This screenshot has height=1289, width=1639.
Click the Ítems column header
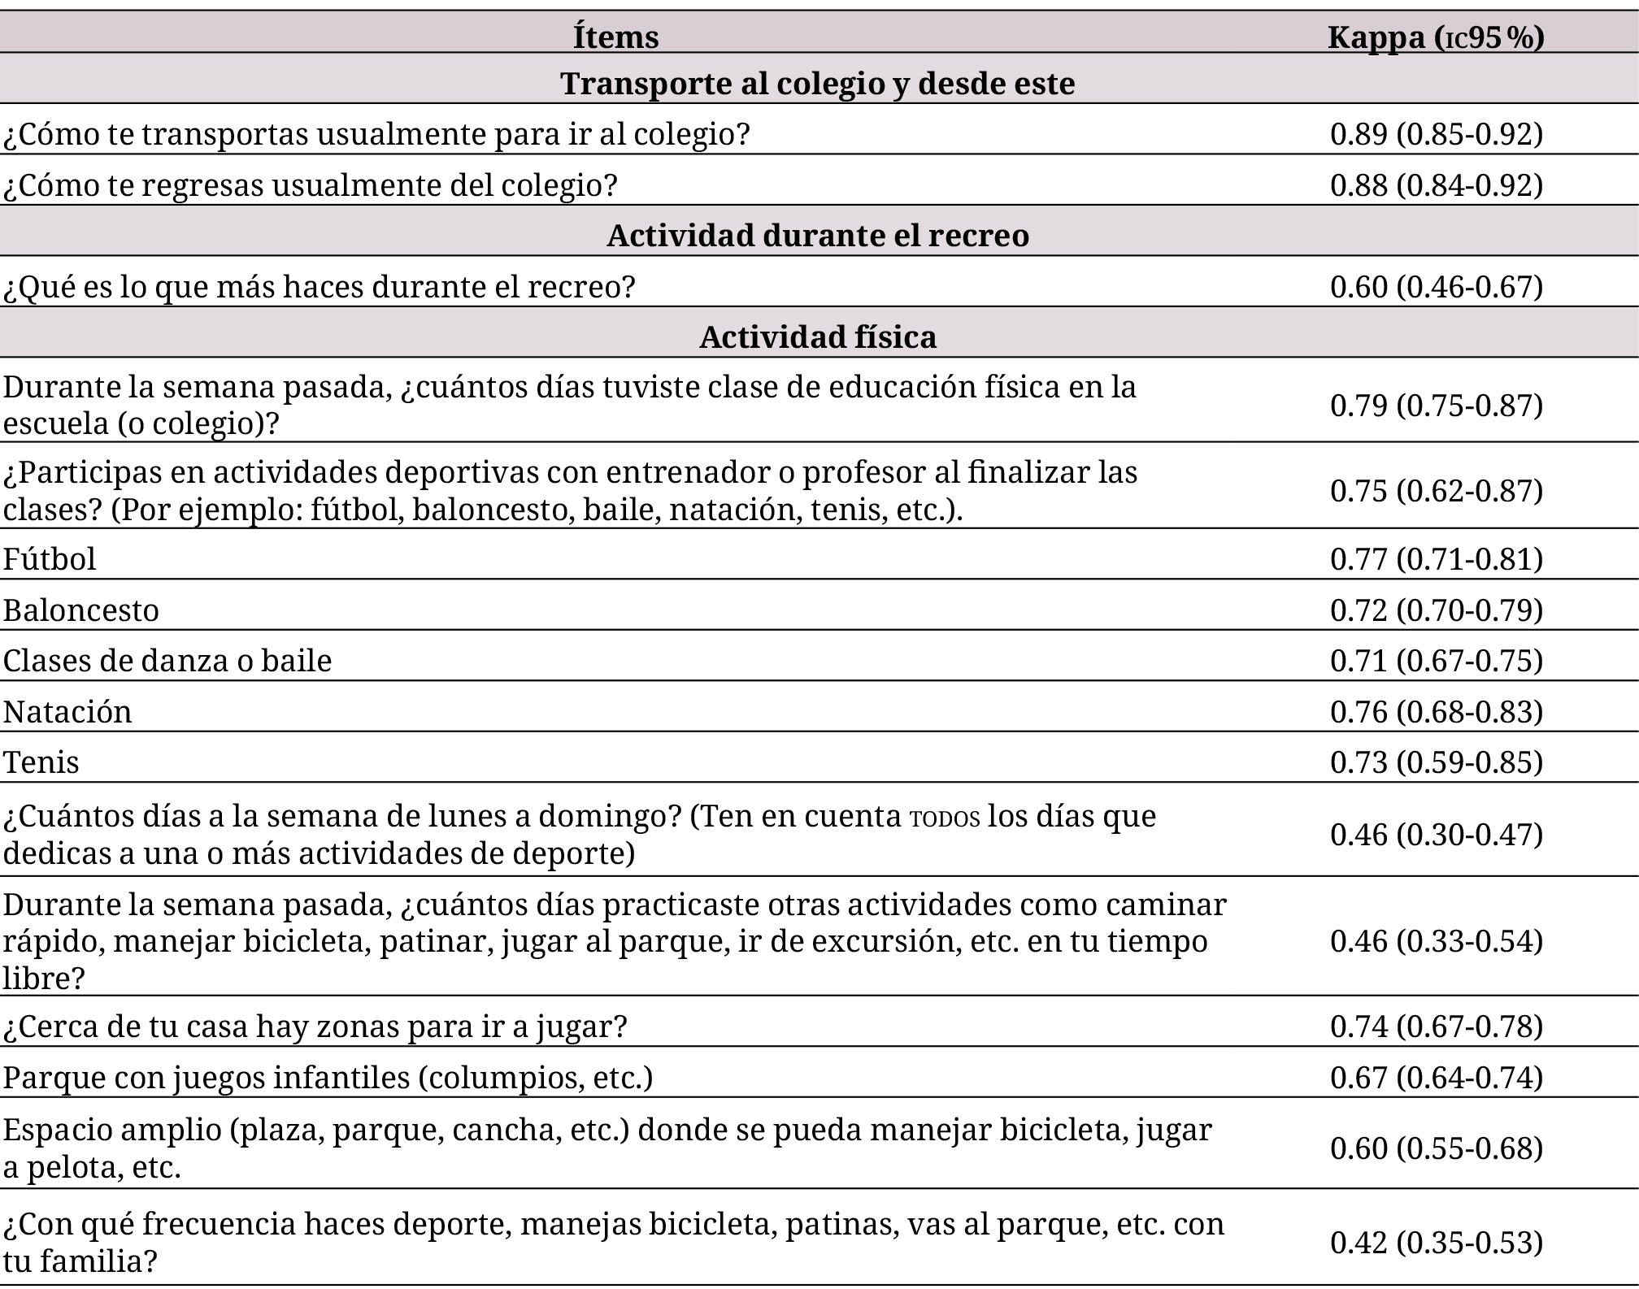click(615, 37)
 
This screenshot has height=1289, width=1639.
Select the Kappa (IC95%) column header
click(1436, 37)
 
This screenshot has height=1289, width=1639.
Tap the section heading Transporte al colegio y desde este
click(817, 84)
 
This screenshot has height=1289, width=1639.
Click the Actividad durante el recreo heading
click(817, 236)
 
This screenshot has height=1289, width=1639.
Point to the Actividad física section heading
click(817, 336)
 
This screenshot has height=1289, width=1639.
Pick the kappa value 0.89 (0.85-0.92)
click(1436, 134)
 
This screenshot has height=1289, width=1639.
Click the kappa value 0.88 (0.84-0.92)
click(1436, 185)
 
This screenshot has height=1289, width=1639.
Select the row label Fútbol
click(50, 559)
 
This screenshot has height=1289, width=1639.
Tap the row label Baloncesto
click(81, 610)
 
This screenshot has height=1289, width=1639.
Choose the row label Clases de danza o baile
click(167, 661)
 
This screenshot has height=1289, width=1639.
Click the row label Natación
click(67, 712)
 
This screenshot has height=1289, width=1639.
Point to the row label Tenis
click(41, 762)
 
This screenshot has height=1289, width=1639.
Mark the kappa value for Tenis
click(1436, 762)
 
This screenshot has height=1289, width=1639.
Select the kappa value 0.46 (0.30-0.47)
click(1436, 835)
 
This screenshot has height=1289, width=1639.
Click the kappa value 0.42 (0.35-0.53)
click(1436, 1243)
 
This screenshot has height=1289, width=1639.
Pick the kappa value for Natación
click(1436, 712)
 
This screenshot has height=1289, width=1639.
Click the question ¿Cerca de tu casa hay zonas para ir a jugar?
click(315, 1026)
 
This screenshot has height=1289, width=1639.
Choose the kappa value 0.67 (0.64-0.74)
click(1436, 1078)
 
